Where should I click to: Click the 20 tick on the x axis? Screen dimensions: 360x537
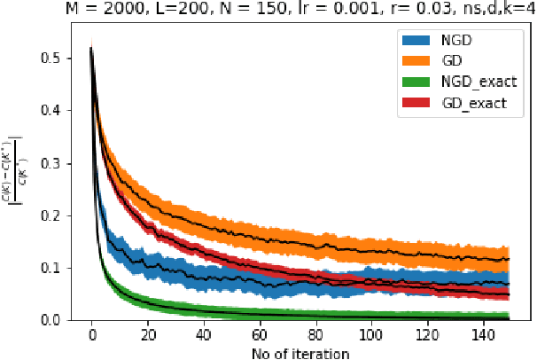point(148,337)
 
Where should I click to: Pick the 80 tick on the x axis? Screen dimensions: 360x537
point(315,337)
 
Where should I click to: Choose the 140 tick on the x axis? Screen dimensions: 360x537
point(481,337)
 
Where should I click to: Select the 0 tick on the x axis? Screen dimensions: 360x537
point(92,337)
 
